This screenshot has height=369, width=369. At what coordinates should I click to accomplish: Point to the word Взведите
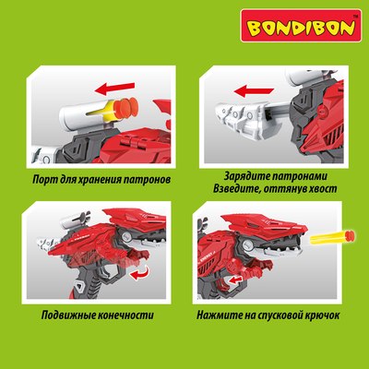click(225, 189)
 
